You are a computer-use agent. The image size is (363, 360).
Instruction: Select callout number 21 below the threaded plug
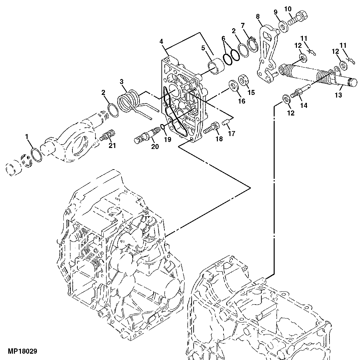click(x=113, y=145)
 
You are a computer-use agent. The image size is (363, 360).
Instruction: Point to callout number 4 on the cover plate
click(x=161, y=41)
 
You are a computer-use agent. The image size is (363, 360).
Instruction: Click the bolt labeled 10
click(x=338, y=96)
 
